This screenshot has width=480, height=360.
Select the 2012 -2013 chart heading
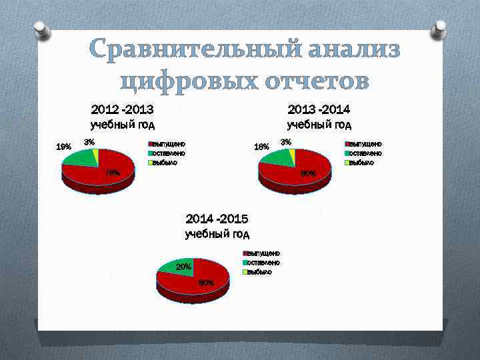click(122, 109)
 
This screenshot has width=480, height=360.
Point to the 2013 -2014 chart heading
click(319, 109)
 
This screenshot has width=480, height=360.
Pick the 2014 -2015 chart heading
click(217, 219)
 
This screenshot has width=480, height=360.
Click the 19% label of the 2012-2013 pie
click(64, 147)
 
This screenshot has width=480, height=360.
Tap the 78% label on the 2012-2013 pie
click(113, 173)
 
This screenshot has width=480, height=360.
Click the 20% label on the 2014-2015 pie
click(183, 267)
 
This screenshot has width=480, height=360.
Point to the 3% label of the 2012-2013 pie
click(89, 141)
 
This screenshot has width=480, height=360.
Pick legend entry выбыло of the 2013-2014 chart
click(363, 162)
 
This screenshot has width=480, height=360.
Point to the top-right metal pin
click(439, 28)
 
